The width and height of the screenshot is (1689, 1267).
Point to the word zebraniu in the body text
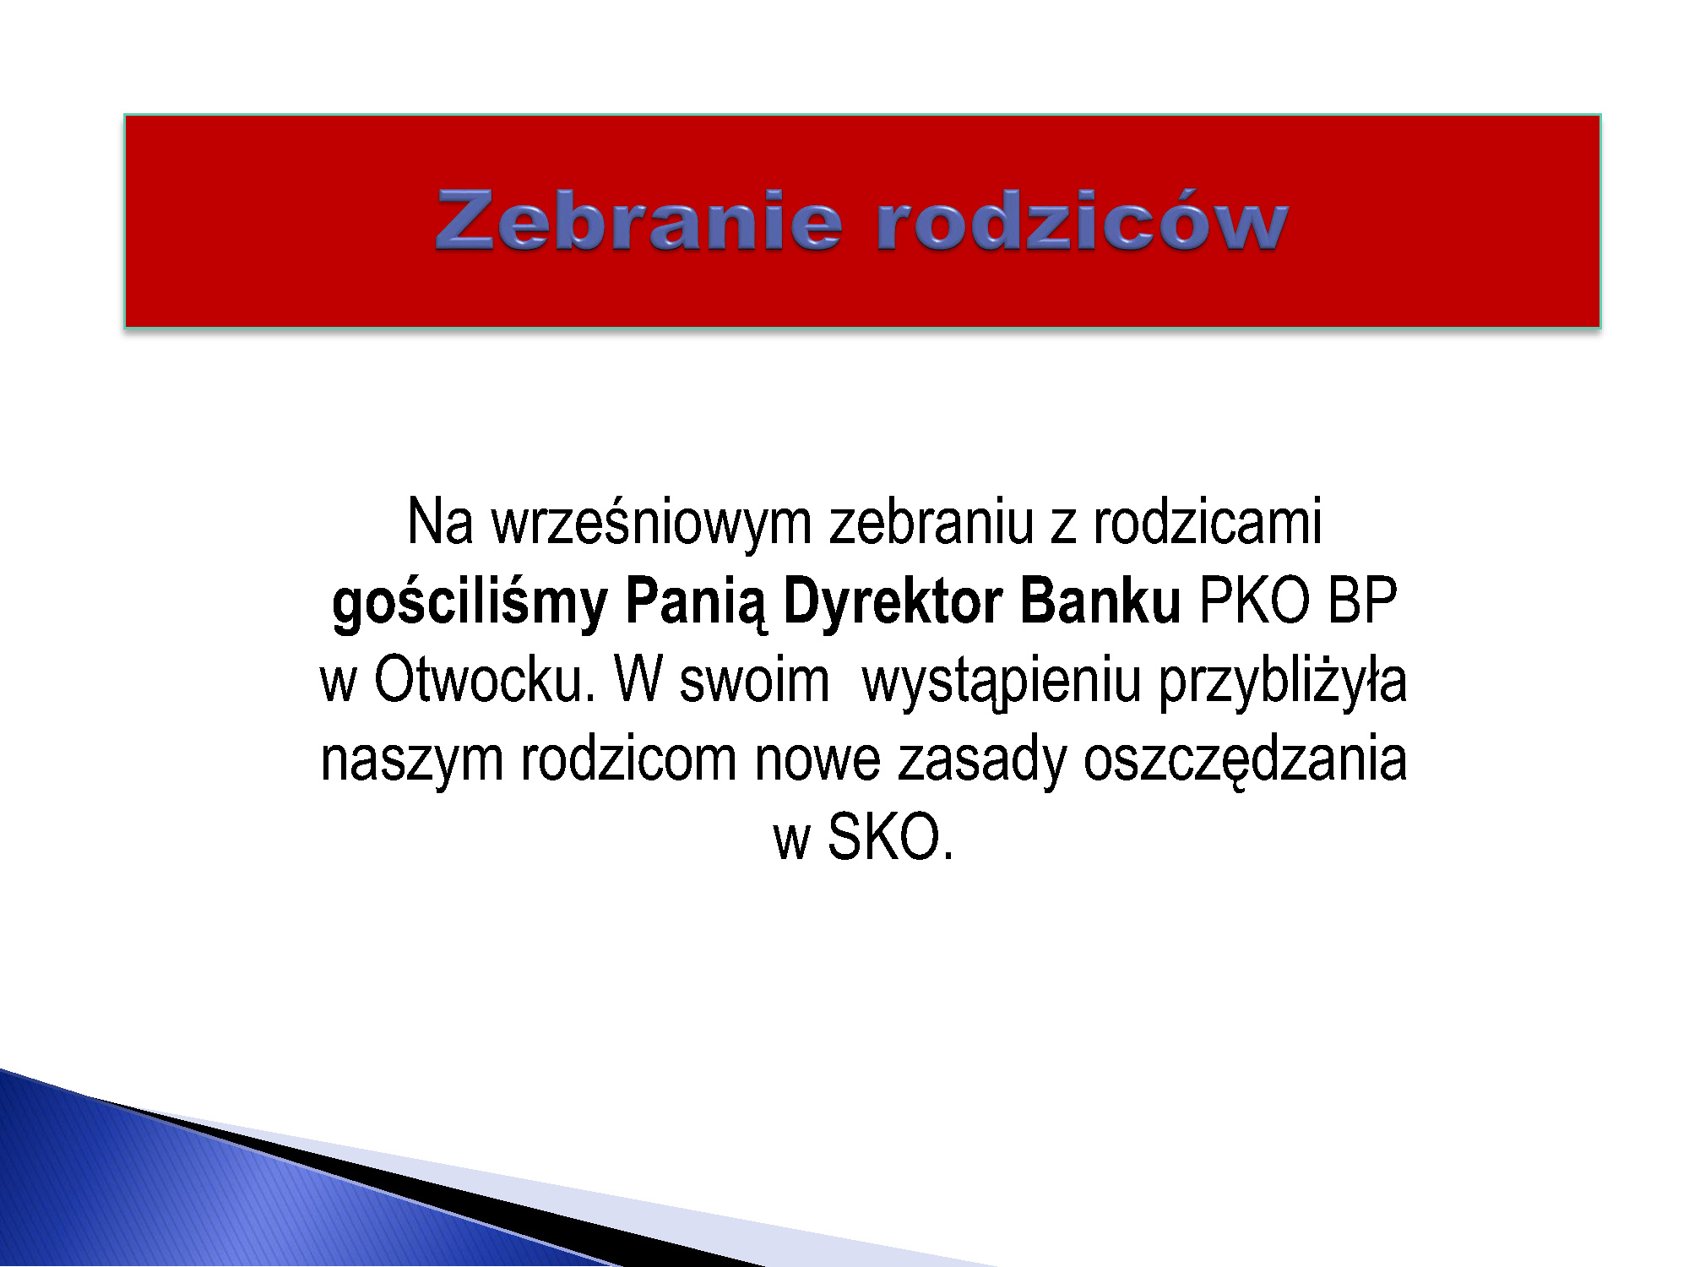coord(931,521)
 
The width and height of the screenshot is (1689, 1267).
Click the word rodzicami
coord(1208,521)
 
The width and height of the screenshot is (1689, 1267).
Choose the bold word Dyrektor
coord(893,601)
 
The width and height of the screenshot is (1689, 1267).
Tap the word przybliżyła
coord(1283,682)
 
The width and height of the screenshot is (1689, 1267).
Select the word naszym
coord(412,760)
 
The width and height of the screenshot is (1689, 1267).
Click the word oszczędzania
coord(1246,760)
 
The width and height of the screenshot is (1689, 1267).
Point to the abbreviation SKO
coord(890,837)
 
